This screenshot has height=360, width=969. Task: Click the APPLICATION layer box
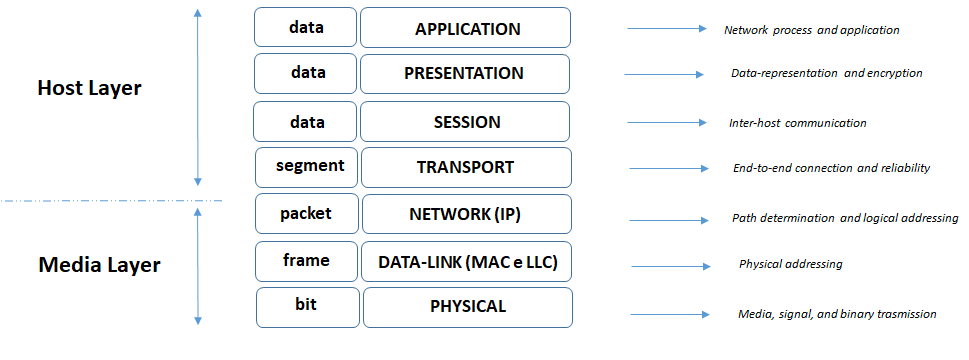tap(466, 28)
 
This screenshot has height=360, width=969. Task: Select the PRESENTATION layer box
tap(464, 74)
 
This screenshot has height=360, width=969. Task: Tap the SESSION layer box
tap(464, 121)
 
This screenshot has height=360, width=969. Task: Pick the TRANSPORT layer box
tap(465, 167)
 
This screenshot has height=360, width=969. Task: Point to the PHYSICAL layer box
tap(467, 307)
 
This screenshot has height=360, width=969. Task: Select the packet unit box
tap(306, 214)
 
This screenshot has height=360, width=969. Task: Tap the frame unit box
tap(306, 261)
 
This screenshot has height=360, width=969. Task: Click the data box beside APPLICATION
tap(306, 28)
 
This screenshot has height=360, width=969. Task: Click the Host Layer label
tap(89, 88)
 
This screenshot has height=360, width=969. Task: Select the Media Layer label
tap(99, 266)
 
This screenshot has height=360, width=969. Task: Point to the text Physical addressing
tap(790, 265)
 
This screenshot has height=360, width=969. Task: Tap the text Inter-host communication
tap(797, 123)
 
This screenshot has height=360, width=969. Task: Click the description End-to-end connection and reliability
tap(831, 168)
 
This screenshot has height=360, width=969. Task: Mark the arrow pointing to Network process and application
tap(666, 29)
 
